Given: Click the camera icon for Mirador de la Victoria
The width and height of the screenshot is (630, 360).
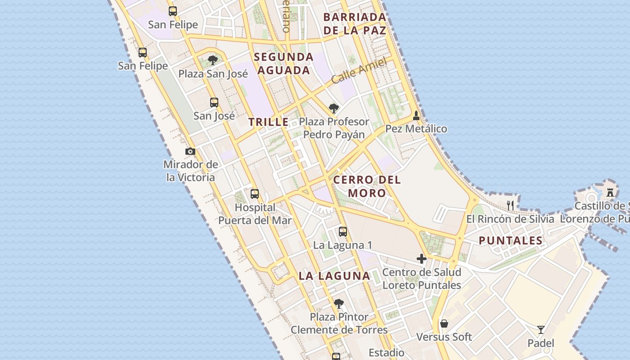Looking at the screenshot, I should coord(190,152).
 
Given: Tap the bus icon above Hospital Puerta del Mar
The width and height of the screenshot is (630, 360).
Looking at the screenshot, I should coord(255,194).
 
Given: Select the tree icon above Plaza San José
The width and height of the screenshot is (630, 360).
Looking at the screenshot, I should coord(213,60).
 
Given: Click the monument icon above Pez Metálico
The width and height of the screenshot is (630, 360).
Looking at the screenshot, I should coord(416,116).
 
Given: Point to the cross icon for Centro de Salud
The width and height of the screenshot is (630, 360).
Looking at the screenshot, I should coord(422,259).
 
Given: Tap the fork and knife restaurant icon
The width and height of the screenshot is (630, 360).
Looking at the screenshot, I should coord(510,206).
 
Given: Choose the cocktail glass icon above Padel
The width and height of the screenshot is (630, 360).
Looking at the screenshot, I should coord(541,330).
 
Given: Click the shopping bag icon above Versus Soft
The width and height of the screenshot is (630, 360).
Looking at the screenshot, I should coord(444,324).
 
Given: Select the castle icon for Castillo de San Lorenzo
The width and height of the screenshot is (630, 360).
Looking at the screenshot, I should coord(610,192).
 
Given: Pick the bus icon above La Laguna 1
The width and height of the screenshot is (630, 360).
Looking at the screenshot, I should coord(343,232).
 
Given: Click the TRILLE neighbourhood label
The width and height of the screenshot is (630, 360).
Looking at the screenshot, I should coord(269,122).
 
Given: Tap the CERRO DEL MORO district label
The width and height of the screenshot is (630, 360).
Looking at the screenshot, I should coord(367,186).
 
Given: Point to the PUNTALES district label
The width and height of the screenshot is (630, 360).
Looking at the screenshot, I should coord(511,240).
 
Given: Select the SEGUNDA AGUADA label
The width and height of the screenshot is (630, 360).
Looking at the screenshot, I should coord(283,63).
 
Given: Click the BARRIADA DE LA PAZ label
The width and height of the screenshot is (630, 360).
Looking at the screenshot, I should coord(355,24).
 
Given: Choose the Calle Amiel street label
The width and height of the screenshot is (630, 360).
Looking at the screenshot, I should coord(359,71).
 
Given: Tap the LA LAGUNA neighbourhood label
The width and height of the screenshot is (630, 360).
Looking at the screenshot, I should coord(334,276).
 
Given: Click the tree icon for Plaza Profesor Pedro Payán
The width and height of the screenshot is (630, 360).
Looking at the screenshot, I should coord(333,108).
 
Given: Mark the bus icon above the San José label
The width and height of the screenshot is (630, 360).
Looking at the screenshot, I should coord(214,103).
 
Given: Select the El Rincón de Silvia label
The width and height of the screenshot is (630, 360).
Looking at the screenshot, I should coord(510,219).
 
